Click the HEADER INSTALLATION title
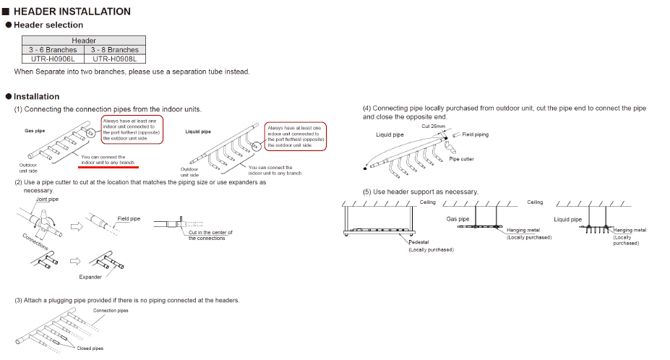click(72, 12)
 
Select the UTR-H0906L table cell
click(53, 59)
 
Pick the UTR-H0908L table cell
click(114, 59)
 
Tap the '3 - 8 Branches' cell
click(114, 50)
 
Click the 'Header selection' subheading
click(48, 25)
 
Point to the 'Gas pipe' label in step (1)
click(35, 131)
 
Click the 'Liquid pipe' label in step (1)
click(198, 132)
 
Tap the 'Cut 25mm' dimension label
click(433, 127)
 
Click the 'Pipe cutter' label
click(461, 159)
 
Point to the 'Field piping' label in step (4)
click(475, 134)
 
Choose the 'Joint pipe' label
click(47, 199)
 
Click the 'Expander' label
click(90, 277)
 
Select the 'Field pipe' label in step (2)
click(129, 218)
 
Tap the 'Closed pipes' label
click(90, 348)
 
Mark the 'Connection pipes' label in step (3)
click(111, 311)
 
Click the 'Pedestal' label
click(418, 242)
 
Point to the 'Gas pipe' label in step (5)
click(458, 219)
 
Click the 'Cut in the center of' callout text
click(210, 233)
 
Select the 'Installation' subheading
click(36, 96)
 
